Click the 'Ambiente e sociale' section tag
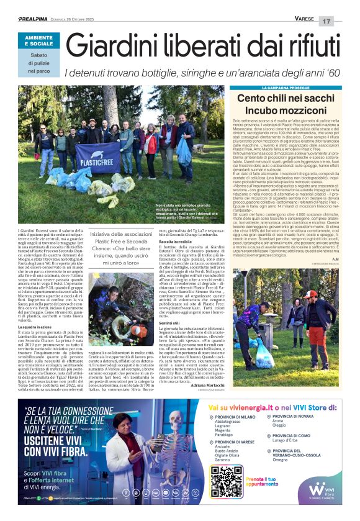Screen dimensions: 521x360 [39, 41]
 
